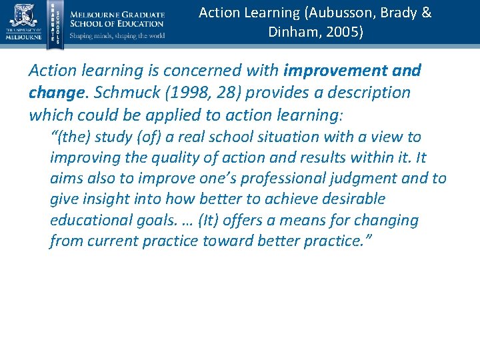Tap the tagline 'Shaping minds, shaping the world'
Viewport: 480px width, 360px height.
[x=117, y=36]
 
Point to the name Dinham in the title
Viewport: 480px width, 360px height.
[x=291, y=32]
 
